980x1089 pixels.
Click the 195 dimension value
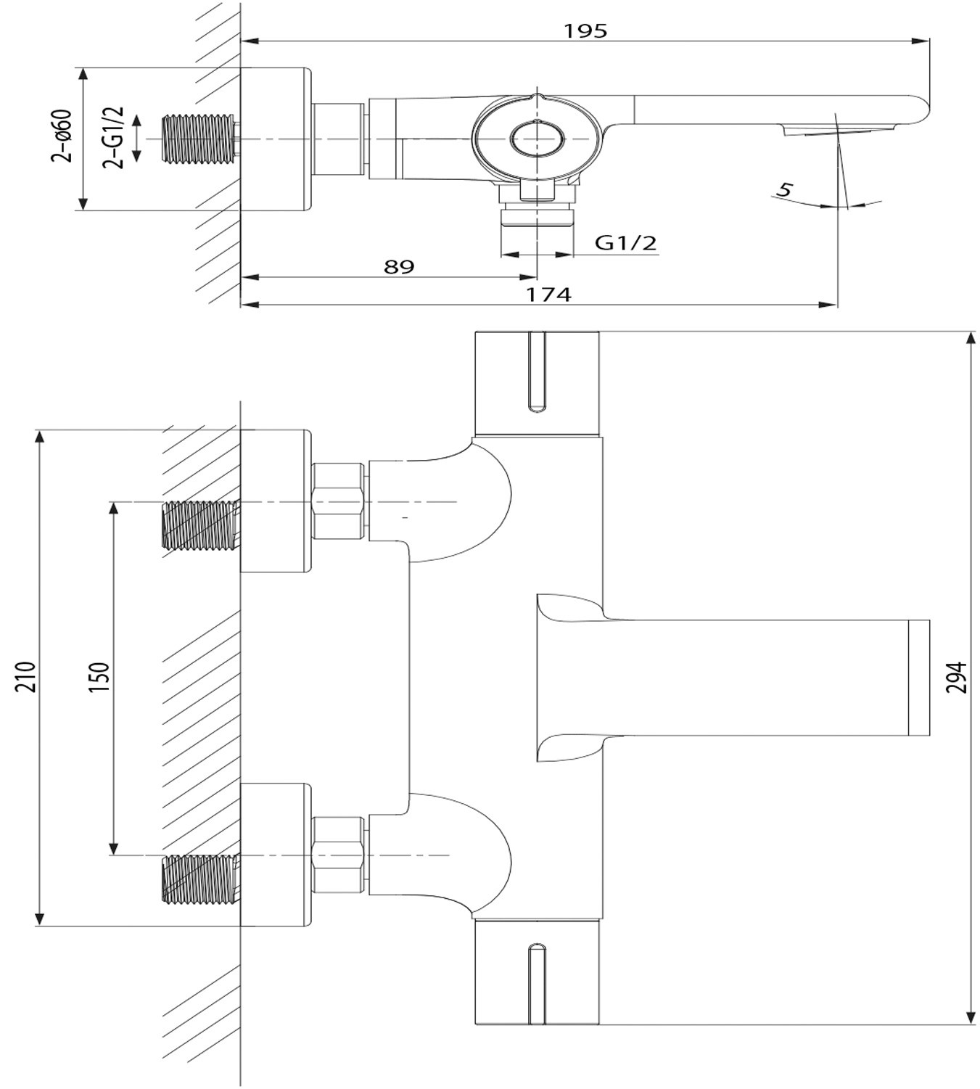pos(585,31)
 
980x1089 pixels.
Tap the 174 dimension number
pos(549,295)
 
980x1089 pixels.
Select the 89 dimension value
pos(399,266)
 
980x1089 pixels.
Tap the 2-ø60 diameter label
pos(62,136)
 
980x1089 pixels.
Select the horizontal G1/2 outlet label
pos(625,242)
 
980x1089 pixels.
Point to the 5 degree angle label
pos(785,190)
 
